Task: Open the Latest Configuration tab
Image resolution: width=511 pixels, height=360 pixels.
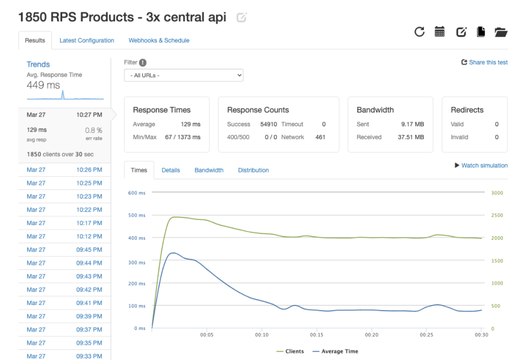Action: point(87,41)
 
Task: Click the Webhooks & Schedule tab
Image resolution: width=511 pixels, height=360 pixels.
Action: point(159,41)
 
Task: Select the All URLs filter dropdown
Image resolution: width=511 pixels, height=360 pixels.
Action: point(183,75)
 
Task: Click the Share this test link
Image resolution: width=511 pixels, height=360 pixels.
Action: point(485,62)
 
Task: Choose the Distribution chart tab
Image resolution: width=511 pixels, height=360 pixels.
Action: point(253,170)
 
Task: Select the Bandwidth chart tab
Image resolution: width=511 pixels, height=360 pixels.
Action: point(209,170)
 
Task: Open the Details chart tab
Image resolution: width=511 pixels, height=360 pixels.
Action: point(171,170)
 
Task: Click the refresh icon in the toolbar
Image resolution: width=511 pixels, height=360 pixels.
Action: point(419,32)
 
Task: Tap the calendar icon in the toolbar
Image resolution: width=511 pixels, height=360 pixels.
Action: point(440,32)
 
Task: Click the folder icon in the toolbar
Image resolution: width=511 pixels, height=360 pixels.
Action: point(501,32)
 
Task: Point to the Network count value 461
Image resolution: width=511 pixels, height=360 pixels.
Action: point(320,137)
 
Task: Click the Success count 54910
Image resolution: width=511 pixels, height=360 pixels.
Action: point(268,124)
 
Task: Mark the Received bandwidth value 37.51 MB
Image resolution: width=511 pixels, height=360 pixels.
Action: point(411,137)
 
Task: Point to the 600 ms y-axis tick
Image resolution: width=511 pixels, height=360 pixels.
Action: point(136,193)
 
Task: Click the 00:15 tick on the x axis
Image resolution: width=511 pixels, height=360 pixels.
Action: point(317,335)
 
